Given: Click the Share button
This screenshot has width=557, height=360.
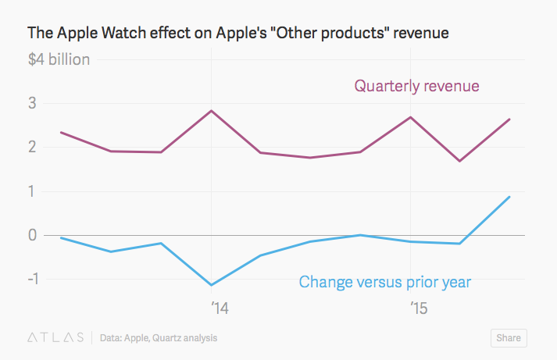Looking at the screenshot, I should [508, 338].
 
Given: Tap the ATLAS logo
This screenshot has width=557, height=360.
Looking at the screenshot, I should [56, 338].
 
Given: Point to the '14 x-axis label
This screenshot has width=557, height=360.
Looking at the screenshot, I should [220, 308].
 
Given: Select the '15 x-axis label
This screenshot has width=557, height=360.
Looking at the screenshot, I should [418, 308].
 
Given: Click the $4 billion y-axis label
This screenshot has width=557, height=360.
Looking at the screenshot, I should [59, 59].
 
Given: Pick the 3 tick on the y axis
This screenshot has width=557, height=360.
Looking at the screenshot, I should [34, 104].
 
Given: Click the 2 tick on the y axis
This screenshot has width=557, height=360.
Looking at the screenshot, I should [34, 148].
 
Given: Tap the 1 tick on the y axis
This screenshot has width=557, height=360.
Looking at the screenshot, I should [34, 191].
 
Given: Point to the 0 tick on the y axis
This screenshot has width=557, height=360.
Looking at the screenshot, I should [34, 235].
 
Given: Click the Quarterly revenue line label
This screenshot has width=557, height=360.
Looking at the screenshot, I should [416, 85].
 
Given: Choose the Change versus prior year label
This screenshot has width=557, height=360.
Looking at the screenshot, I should [385, 281].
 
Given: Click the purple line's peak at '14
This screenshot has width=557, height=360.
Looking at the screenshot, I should [211, 111].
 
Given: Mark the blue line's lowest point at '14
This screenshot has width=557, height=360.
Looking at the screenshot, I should [211, 285].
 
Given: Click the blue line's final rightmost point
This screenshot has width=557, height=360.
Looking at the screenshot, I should [510, 197].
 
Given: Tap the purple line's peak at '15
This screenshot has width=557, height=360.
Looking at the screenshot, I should [410, 117].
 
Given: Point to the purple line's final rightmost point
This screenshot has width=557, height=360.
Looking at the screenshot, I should [510, 119].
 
